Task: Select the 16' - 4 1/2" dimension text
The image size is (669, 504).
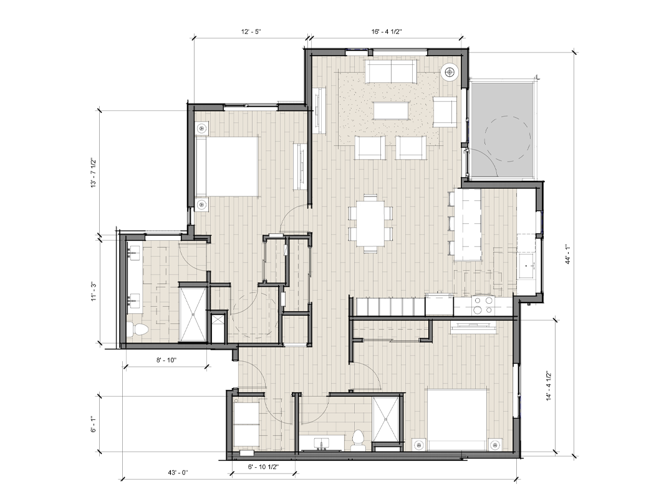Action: pyautogui.click(x=387, y=32)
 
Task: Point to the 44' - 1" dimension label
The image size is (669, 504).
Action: pyautogui.click(x=568, y=254)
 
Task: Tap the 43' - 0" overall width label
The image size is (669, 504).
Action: pyautogui.click(x=178, y=472)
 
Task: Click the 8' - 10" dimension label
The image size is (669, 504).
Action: pyautogui.click(x=166, y=360)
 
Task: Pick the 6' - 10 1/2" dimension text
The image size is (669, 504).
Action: pyautogui.click(x=263, y=467)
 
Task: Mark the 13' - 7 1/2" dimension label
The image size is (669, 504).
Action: pyautogui.click(x=94, y=173)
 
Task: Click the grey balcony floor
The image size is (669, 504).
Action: pyautogui.click(x=502, y=130)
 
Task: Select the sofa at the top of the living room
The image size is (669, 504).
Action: pyautogui.click(x=391, y=70)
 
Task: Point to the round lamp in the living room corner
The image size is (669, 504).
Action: pyautogui.click(x=450, y=72)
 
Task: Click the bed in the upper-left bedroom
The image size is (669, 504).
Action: pyautogui.click(x=228, y=166)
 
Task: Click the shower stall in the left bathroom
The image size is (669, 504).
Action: pyautogui.click(x=193, y=314)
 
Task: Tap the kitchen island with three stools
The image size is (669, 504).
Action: pyautogui.click(x=466, y=225)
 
